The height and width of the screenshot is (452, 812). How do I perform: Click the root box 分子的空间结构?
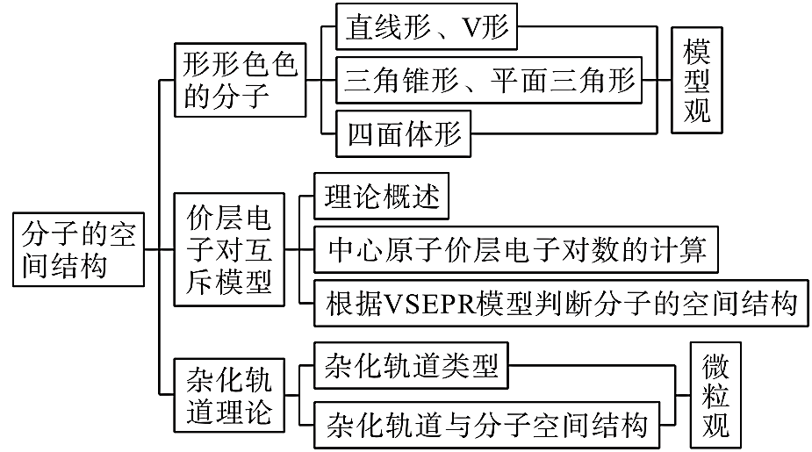pos(78,249)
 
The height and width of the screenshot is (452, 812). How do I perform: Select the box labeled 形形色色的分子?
pos(240,79)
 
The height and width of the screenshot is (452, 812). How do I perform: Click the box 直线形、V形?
pos(427,28)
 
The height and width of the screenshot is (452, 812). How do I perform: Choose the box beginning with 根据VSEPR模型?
pos(561,302)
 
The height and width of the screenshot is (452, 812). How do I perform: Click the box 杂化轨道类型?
pos(412,364)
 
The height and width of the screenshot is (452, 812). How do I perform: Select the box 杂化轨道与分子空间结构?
pos(486,425)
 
